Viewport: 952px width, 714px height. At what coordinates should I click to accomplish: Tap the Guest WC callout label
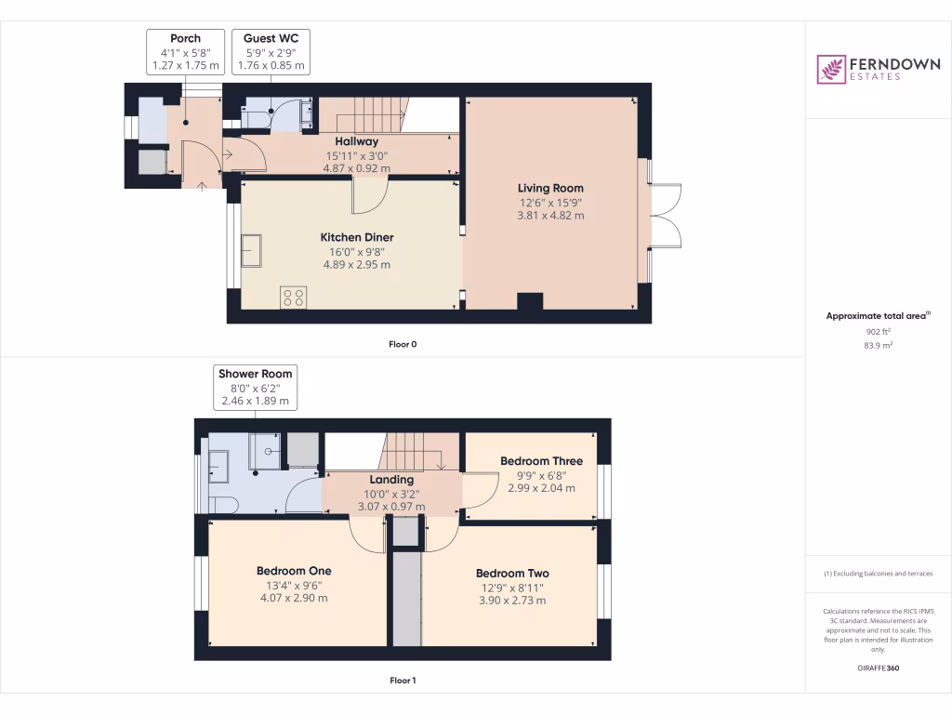click(x=272, y=38)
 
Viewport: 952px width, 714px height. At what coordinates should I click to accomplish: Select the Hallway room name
click(x=356, y=141)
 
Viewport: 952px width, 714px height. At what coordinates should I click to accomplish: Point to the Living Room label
click(x=551, y=188)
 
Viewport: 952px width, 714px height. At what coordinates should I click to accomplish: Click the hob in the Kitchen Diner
click(x=293, y=297)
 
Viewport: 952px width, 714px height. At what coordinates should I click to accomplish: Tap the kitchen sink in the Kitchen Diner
click(x=251, y=250)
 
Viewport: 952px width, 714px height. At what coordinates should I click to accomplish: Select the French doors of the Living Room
click(x=668, y=217)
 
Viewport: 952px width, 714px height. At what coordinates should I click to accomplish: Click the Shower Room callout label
click(x=255, y=374)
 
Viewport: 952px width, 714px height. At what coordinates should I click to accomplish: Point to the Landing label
click(x=391, y=480)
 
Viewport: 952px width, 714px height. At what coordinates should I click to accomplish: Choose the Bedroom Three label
click(x=541, y=461)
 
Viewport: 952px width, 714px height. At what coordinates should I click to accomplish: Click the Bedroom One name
click(x=294, y=571)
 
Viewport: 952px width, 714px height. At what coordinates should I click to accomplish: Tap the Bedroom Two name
click(x=511, y=574)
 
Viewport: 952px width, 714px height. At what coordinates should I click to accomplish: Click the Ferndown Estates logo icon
click(x=831, y=70)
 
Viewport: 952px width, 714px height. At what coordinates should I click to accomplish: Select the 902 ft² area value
click(x=878, y=331)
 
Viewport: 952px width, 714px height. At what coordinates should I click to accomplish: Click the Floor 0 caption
click(x=403, y=344)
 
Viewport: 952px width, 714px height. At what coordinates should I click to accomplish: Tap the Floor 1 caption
click(x=403, y=681)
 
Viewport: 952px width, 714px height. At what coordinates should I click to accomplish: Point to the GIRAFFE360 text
click(x=878, y=668)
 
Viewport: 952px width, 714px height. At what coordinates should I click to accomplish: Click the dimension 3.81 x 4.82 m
click(x=551, y=216)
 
